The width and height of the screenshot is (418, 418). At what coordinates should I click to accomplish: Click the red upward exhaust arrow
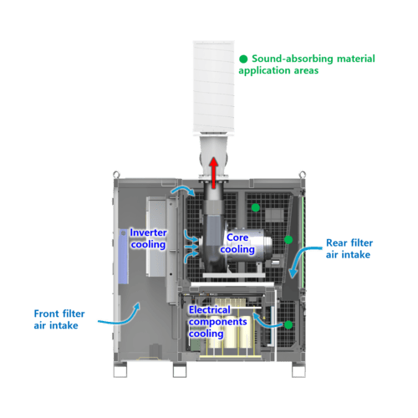pos(214,173)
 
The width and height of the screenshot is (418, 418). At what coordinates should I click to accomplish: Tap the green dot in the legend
pos(243,59)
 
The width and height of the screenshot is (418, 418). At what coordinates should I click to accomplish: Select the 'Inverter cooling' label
pos(148,238)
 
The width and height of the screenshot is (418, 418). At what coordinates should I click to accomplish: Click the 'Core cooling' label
pos(237,243)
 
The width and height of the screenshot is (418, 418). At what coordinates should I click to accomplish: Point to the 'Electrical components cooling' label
pos(217,322)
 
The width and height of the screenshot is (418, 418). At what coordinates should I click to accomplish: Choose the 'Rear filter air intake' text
pos(349,248)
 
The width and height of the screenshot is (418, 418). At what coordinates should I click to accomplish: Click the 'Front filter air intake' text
pos(59,319)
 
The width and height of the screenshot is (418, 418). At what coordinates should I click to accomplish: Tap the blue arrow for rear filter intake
pos(302,259)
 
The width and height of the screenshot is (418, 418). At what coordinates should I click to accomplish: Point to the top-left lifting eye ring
pos(116,175)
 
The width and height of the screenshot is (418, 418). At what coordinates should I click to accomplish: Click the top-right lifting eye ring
pos(302,175)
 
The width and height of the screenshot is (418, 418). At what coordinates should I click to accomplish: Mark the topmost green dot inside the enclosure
pos(256,207)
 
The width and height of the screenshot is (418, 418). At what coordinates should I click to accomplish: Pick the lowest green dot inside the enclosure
pos(288,324)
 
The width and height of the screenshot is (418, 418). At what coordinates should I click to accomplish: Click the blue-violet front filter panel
pos(124,257)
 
